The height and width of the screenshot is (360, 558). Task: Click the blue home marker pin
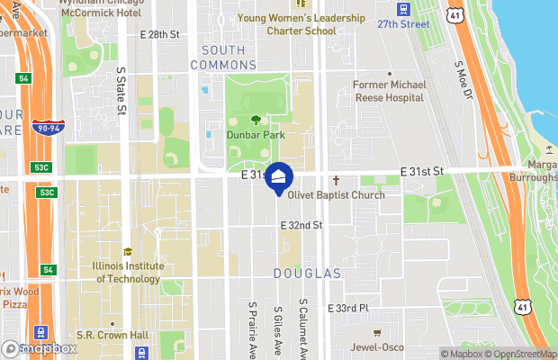coord(279,178)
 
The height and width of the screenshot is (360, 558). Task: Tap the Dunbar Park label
coord(256,135)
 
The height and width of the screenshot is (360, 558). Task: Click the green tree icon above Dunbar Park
coord(256,119)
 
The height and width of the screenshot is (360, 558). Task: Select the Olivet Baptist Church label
coord(336,195)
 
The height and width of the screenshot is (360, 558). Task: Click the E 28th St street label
coord(161,34)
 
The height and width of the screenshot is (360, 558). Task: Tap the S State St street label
coord(121,89)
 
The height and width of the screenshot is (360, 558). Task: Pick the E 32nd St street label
coord(301,225)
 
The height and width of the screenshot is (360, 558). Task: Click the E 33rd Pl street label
coord(349,308)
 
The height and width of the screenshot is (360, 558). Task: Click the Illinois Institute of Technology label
coord(128,272)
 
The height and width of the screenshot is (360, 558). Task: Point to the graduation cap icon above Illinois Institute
coord(127,252)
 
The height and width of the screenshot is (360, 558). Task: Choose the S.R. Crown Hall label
coord(112,336)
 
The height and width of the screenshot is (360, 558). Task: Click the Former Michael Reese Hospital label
coord(390,90)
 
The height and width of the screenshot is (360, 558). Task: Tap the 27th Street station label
coord(404,24)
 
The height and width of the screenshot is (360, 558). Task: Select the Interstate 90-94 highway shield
coord(48,128)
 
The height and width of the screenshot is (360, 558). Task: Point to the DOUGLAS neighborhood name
coord(309,273)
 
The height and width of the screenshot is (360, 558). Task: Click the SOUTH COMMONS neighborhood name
coord(229,58)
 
